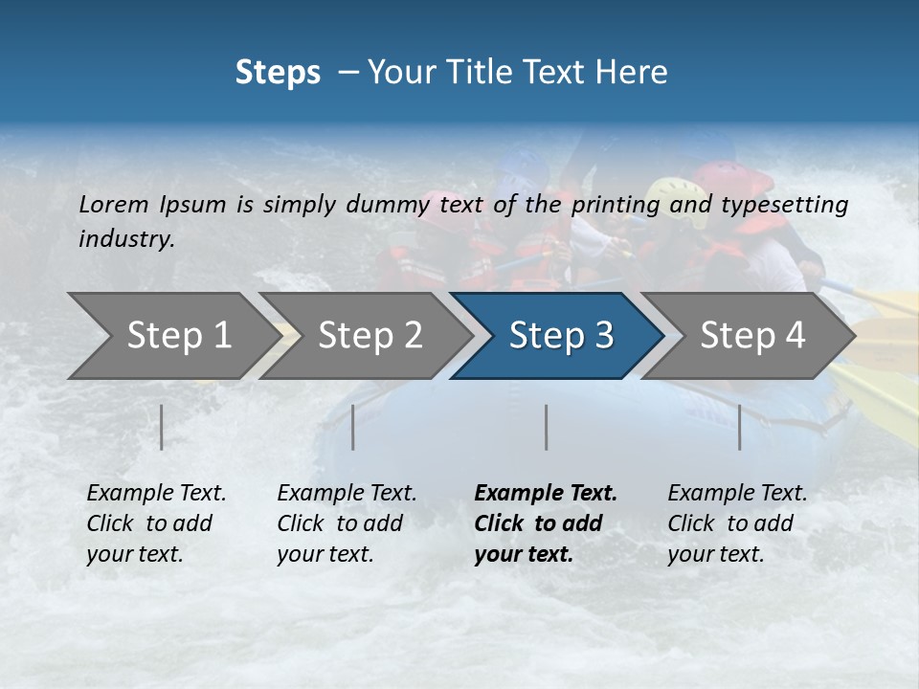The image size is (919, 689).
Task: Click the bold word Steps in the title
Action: (278, 73)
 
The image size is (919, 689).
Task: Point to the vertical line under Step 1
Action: (162, 427)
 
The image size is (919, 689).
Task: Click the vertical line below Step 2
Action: (353, 427)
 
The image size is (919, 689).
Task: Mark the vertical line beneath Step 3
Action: (547, 427)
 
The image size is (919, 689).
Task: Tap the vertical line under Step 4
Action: (740, 427)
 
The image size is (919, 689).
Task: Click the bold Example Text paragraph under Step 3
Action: (545, 523)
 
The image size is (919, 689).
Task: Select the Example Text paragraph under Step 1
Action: (156, 523)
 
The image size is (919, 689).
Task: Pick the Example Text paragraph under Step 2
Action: (347, 523)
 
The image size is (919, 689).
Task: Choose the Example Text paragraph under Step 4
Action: (737, 523)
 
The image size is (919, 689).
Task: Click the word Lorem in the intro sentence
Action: (114, 205)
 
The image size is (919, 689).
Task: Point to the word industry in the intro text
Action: (125, 239)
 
